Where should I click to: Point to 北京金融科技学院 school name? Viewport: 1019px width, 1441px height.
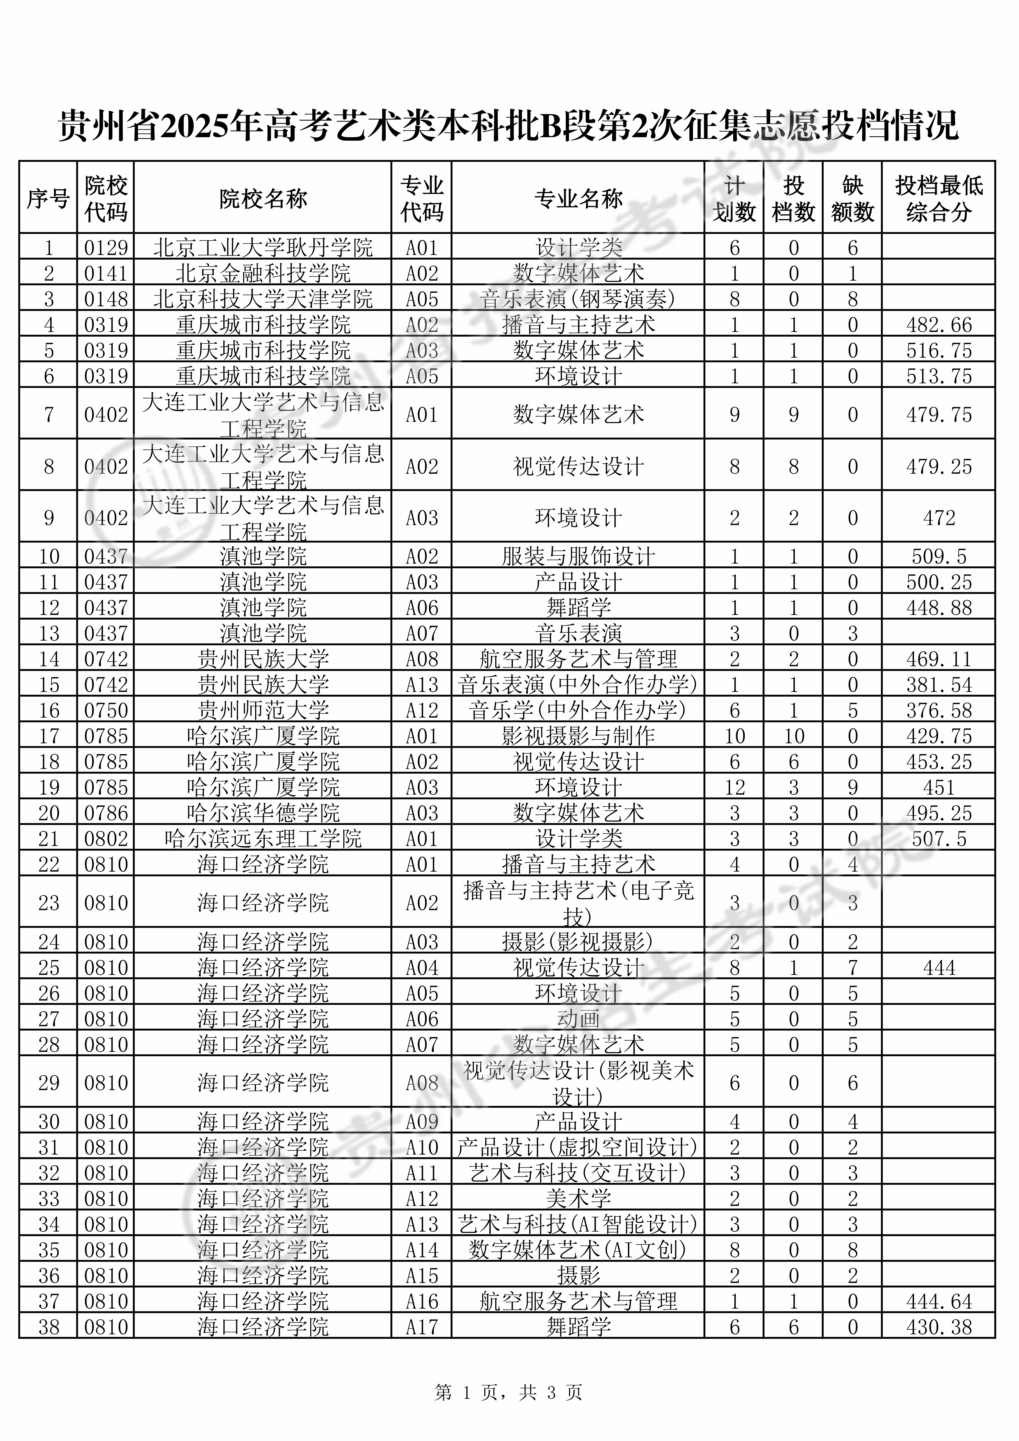pyautogui.click(x=263, y=274)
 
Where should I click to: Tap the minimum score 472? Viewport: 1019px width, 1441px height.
pyautogui.click(x=939, y=518)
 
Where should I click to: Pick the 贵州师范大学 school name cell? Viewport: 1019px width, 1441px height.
pyautogui.click(x=263, y=711)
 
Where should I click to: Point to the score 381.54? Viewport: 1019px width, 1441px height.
pyautogui.click(x=939, y=685)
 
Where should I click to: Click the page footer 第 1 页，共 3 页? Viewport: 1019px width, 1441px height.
pyautogui.click(x=509, y=1393)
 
